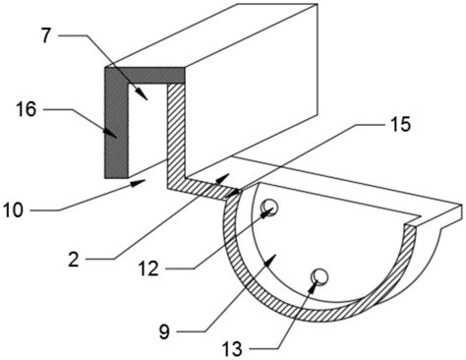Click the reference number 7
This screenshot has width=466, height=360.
click(x=46, y=35)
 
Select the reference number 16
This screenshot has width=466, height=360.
click(x=27, y=109)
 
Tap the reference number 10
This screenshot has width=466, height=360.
click(x=14, y=210)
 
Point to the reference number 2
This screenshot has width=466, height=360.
click(x=74, y=260)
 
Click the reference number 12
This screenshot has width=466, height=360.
click(x=148, y=269)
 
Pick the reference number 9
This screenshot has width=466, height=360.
click(x=164, y=331)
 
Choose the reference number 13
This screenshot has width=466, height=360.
click(x=232, y=349)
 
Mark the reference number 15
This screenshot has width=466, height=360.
click(x=399, y=125)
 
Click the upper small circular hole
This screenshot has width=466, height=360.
click(x=269, y=208)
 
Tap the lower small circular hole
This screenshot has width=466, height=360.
click(x=320, y=276)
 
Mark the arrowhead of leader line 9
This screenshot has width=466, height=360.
click(x=270, y=262)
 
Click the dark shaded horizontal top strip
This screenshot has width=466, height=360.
click(x=145, y=75)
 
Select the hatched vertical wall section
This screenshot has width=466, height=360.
click(x=176, y=131)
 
